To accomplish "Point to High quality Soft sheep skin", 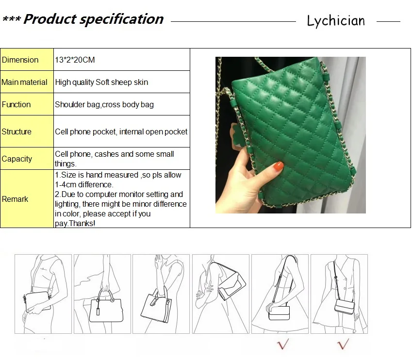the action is (101, 82).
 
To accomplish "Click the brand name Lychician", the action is (336, 20).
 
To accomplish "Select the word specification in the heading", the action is (121, 19).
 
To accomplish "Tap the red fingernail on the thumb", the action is (278, 166).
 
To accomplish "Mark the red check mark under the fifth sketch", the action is (283, 344).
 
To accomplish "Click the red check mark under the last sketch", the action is (343, 344).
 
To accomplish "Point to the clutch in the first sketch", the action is (37, 302).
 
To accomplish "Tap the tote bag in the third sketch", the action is (157, 306).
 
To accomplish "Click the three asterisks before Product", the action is (12, 19).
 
